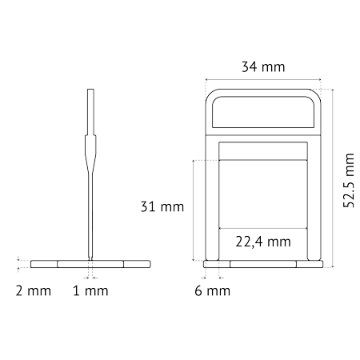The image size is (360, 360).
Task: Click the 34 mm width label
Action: [263, 66]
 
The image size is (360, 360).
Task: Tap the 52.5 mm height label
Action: [348, 181]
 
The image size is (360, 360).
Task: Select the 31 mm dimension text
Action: [162, 206]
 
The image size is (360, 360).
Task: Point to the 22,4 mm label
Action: [263, 242]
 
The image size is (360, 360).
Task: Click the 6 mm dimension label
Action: [212, 290]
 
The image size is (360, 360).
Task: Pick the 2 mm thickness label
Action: [34, 290]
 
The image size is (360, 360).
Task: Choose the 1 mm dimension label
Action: [90, 290]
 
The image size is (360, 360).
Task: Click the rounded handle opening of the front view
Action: [263, 97]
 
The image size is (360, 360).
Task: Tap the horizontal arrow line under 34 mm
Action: [263, 79]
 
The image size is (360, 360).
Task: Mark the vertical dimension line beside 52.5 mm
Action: [333, 178]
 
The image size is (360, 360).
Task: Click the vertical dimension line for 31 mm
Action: [193, 210]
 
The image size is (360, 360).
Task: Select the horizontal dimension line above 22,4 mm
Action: [263, 228]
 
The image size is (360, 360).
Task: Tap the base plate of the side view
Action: [90, 264]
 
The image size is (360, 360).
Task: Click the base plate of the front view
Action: [263, 264]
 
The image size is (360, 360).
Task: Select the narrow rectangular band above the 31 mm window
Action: [263, 151]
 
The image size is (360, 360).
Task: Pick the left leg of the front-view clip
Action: [212, 198]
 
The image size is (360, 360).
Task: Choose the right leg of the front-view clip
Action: [314, 198]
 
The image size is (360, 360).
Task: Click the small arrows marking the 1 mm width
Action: [90, 278]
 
